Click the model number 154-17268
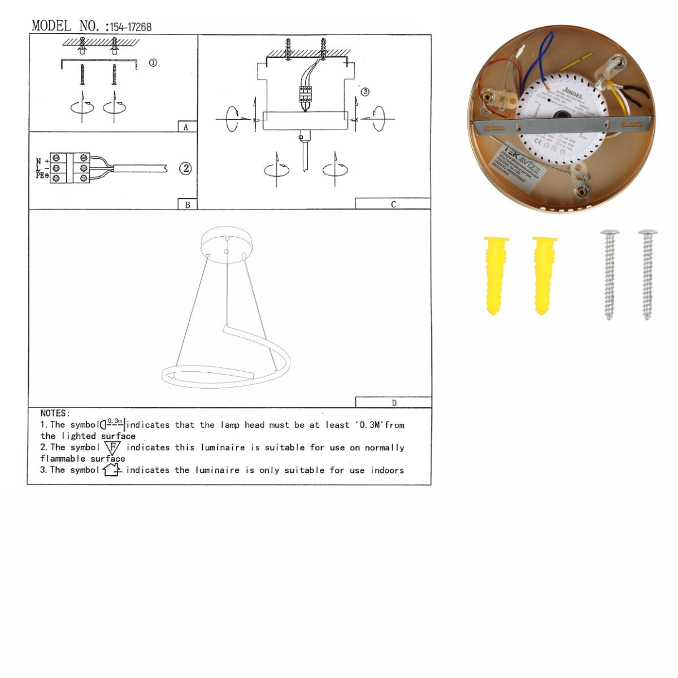click(x=131, y=27)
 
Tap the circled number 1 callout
click(x=153, y=63)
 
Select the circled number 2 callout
click(x=185, y=168)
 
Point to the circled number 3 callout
click(x=365, y=92)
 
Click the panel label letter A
click(x=186, y=128)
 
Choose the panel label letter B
click(x=188, y=205)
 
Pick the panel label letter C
click(x=393, y=205)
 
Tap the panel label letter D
click(x=394, y=403)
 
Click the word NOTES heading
click(x=55, y=414)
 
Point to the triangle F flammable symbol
click(x=112, y=447)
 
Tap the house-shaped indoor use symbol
click(x=112, y=470)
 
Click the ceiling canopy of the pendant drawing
click(x=227, y=241)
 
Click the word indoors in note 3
click(x=387, y=470)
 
